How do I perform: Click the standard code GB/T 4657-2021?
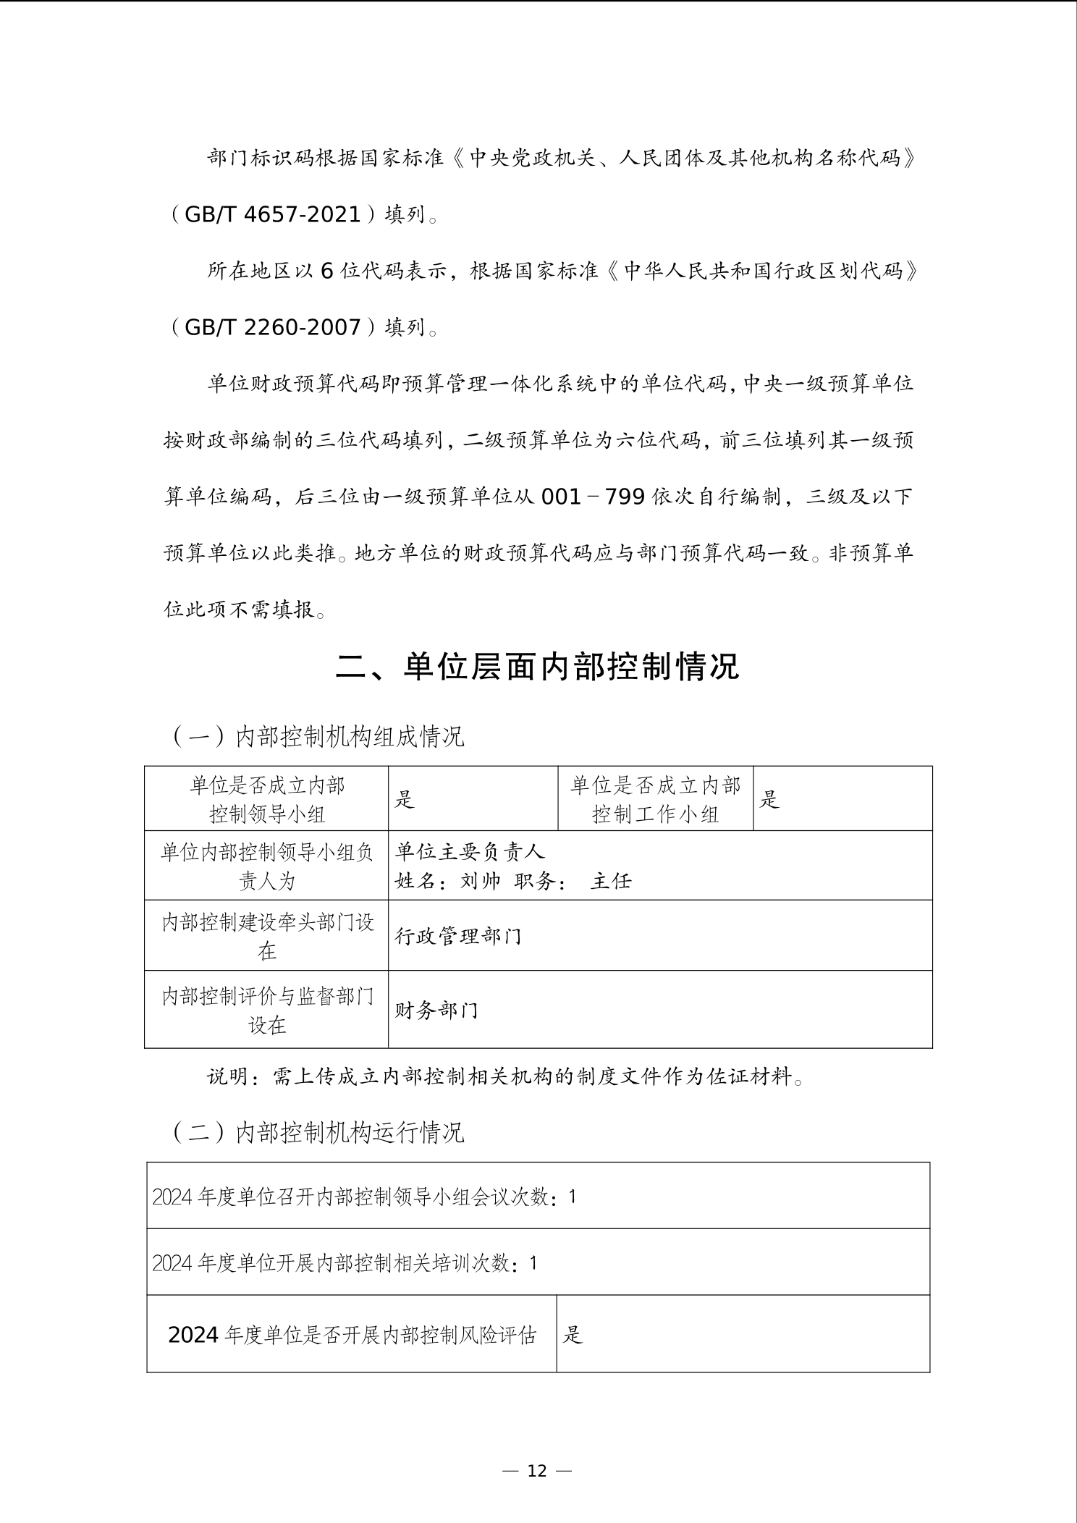pyautogui.click(x=273, y=214)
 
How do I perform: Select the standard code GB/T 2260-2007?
pyautogui.click(x=273, y=327)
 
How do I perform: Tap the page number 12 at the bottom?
pyautogui.click(x=537, y=1470)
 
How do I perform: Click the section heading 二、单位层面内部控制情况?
pyautogui.click(x=537, y=667)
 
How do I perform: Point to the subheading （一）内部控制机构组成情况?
pyautogui.click(x=317, y=736)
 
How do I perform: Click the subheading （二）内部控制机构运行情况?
pyautogui.click(x=317, y=1132)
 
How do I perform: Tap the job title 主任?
pyautogui.click(x=612, y=881)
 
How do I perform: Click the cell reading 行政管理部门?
pyautogui.click(x=458, y=937)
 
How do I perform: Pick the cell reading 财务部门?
pyautogui.click(x=436, y=1010)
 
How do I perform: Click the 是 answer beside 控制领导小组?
pyautogui.click(x=404, y=799)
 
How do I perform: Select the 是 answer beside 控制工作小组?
pyautogui.click(x=769, y=799)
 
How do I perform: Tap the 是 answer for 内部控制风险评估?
pyautogui.click(x=573, y=1335)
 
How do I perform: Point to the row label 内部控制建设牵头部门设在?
pyautogui.click(x=267, y=936)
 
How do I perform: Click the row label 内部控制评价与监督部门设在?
pyautogui.click(x=267, y=1010)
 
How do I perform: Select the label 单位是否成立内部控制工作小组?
pyautogui.click(x=655, y=799)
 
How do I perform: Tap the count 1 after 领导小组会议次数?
pyautogui.click(x=572, y=1197)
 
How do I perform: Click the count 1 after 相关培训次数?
pyautogui.click(x=533, y=1263)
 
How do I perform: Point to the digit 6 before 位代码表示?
pyautogui.click(x=327, y=271)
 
